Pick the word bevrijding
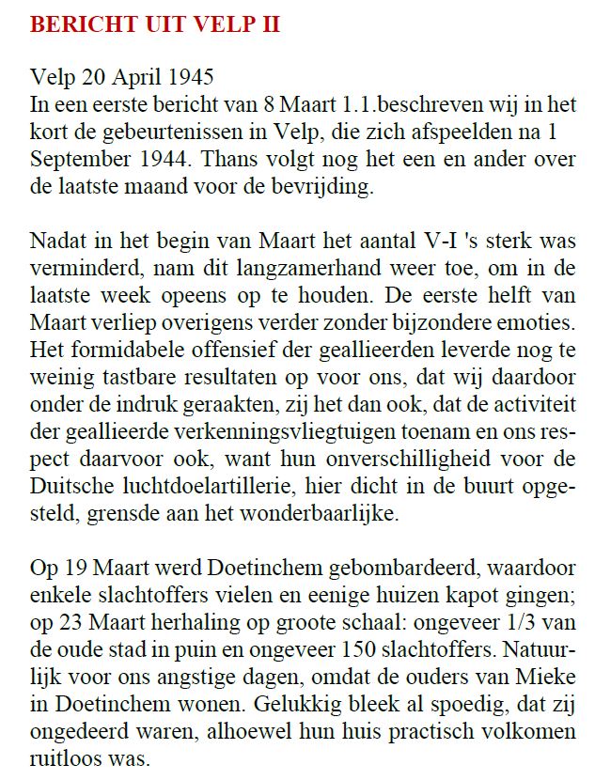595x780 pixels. click(319, 187)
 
